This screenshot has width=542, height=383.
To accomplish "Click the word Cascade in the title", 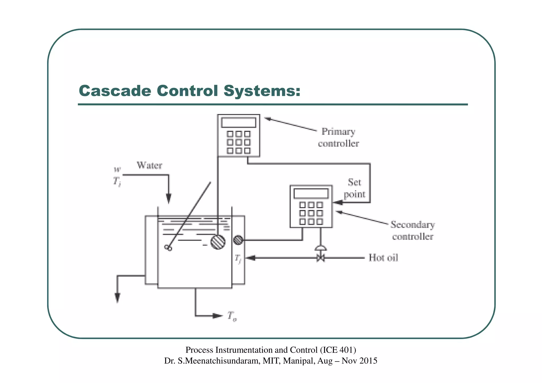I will coord(115,91).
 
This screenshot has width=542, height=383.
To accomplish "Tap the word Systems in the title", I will coord(262,91).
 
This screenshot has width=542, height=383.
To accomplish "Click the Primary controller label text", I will coord(338,137).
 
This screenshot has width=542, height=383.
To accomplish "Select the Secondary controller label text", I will coord(413,230).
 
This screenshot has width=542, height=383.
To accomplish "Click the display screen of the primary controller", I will coord(238,123).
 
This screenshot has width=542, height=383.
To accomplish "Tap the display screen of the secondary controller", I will coord(311,193).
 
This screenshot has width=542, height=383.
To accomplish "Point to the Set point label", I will coord(354,188).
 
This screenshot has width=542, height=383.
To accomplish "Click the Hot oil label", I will coord(383,258).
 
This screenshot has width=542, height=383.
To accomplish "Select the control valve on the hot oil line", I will coord(320,257).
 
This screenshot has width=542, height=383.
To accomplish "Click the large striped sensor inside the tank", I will coord(218,242).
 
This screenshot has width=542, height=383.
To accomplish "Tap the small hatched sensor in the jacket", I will coord(238,240).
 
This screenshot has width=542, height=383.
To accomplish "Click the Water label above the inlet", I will coord(149,165).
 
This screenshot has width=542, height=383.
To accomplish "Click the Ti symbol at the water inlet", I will coord(117,182).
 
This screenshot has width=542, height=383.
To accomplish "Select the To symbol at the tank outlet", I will coord(232,316).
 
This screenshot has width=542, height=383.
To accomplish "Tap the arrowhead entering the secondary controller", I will coord(337,203).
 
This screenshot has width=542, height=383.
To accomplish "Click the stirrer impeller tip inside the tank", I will coord(168,248).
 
